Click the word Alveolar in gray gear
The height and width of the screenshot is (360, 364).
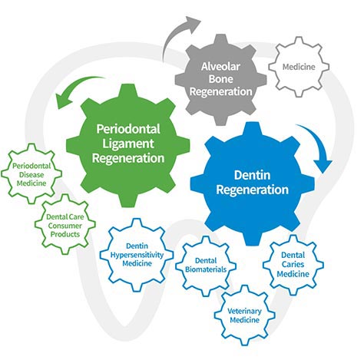pyautogui.click(x=220, y=67)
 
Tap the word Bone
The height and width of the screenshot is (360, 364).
pyautogui.click(x=220, y=79)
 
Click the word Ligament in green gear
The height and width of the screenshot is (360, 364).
pyautogui.click(x=128, y=144)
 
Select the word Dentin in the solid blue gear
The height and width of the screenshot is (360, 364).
pyautogui.click(x=252, y=175)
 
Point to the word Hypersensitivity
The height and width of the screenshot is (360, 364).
pyautogui.click(x=137, y=255)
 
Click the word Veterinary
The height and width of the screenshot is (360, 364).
pyautogui.click(x=244, y=311)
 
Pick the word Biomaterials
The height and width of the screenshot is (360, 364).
pyautogui.click(x=206, y=269)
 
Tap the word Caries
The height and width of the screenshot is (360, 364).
pyautogui.click(x=293, y=264)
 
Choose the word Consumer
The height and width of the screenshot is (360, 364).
pyautogui.click(x=65, y=226)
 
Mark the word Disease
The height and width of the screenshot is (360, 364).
pyautogui.click(x=31, y=175)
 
